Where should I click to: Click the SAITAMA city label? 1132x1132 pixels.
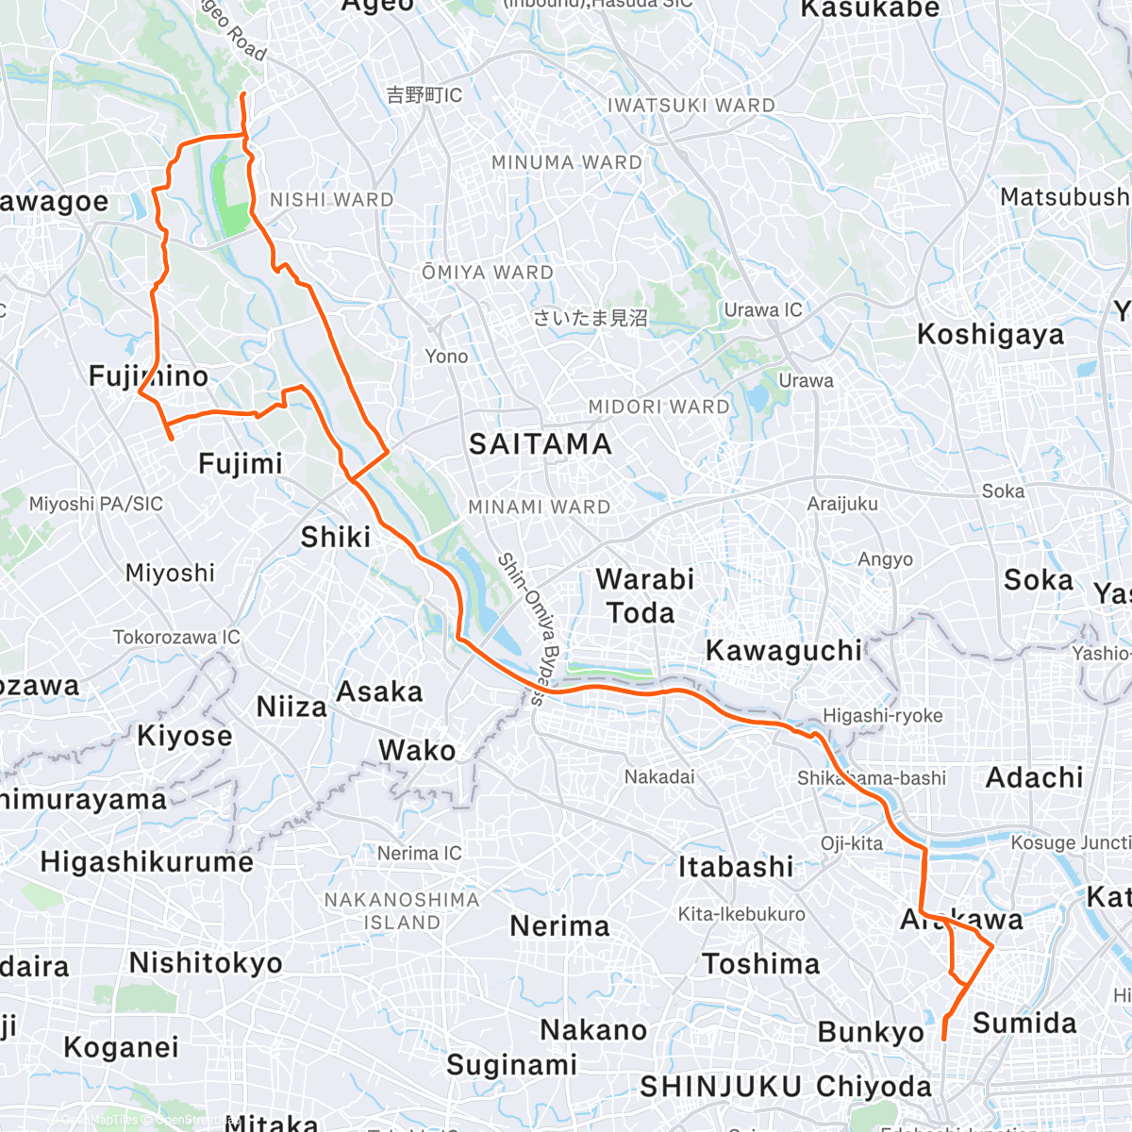541,444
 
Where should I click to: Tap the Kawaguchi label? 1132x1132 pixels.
784,651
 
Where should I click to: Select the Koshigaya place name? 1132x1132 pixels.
990,335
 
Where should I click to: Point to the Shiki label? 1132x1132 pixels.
336,538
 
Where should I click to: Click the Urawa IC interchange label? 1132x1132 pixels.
763,310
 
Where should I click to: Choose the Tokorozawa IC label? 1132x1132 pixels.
176,638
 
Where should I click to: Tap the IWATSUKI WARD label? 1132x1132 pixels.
691,106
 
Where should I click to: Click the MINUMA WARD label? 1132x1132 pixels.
567,163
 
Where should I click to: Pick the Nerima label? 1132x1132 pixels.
560,926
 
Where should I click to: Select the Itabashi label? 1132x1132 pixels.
736,867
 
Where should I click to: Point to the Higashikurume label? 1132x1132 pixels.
147,862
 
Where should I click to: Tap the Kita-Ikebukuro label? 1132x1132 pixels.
741,914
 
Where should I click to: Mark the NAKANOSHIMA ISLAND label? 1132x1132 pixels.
402,910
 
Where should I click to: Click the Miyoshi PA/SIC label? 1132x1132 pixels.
96,505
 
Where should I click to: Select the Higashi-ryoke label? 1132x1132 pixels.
883,716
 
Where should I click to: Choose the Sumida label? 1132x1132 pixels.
1024,1024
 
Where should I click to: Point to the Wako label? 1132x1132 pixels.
417,751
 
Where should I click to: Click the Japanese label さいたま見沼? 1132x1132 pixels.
591,318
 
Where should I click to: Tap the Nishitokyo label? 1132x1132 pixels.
206,963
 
